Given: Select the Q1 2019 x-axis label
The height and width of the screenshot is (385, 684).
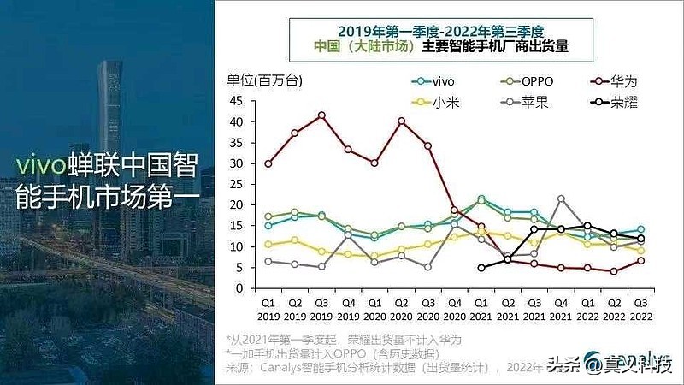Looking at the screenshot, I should pyautogui.click(x=268, y=307).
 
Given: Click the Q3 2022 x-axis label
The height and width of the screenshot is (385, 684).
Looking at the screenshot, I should pyautogui.click(x=639, y=307).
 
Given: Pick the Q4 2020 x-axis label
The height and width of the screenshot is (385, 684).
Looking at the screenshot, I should pyautogui.click(x=454, y=307).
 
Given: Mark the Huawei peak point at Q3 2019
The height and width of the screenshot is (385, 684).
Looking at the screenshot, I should pyautogui.click(x=321, y=115).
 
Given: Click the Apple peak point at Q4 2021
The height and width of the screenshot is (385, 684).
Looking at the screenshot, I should pyautogui.click(x=561, y=198).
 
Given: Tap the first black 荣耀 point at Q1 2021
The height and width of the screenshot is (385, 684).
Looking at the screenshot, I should pyautogui.click(x=481, y=268).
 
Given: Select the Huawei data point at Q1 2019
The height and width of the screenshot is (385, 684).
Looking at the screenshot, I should pyautogui.click(x=268, y=163).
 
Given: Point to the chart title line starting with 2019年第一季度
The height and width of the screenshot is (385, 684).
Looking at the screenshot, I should pyautogui.click(x=441, y=30).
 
